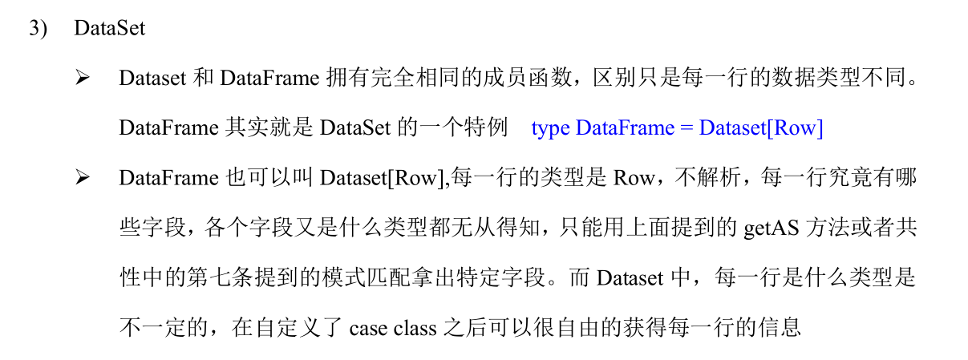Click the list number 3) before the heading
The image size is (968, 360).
click(x=39, y=28)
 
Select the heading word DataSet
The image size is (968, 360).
click(x=109, y=28)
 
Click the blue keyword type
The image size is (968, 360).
click(x=550, y=128)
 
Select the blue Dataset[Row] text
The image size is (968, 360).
click(x=760, y=128)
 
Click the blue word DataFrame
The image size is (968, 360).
click(x=625, y=128)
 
